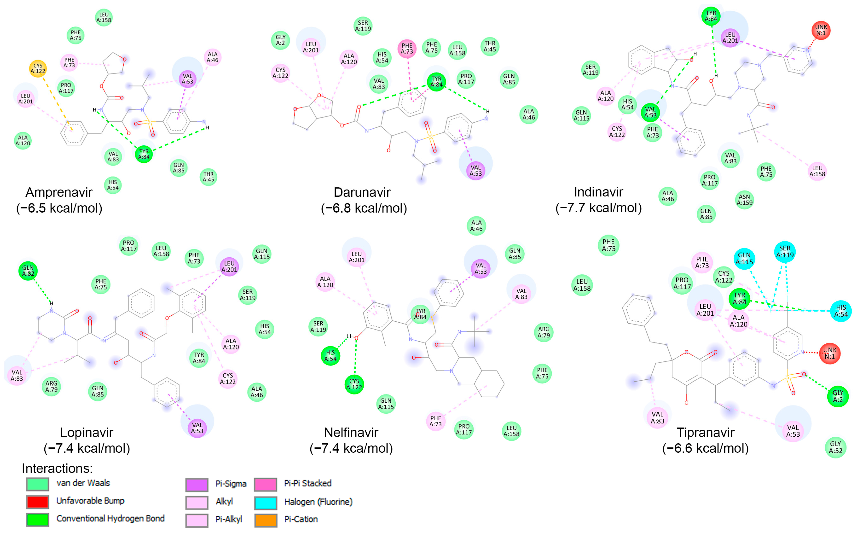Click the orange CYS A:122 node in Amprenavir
pos(38,68)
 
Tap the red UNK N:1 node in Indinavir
pos(821,30)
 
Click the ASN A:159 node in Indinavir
pos(744,200)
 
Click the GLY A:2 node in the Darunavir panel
pos(280,40)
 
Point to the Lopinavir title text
pos(87,432)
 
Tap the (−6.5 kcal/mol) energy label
pos(59,208)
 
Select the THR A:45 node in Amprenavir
pos(208,177)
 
